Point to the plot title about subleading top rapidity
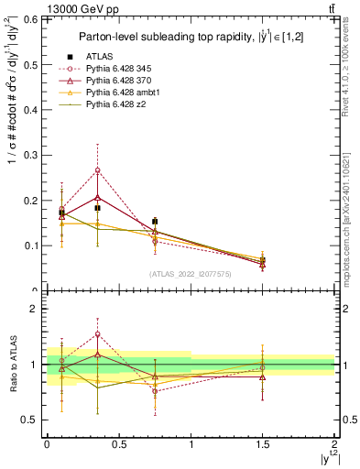tap(190, 38)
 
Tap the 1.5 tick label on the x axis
tap(263, 444)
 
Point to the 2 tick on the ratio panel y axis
tap(37, 309)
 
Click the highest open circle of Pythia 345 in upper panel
tap(97, 170)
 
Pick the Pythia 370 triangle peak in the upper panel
tap(97, 197)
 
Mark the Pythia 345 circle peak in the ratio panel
tap(97, 334)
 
